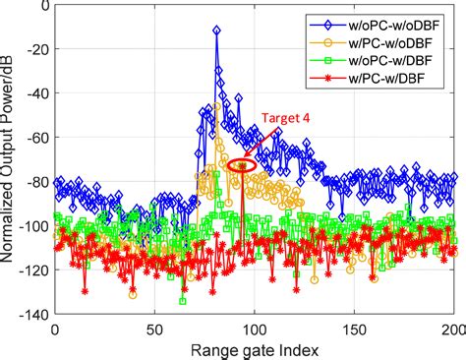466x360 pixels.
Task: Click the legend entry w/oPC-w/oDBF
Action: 402,22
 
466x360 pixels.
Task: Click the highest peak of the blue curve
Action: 216,30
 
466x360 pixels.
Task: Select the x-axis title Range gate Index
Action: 255,348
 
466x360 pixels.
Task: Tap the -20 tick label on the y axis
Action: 35,51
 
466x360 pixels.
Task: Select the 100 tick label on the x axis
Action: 255,328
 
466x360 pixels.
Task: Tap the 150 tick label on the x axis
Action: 355,328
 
